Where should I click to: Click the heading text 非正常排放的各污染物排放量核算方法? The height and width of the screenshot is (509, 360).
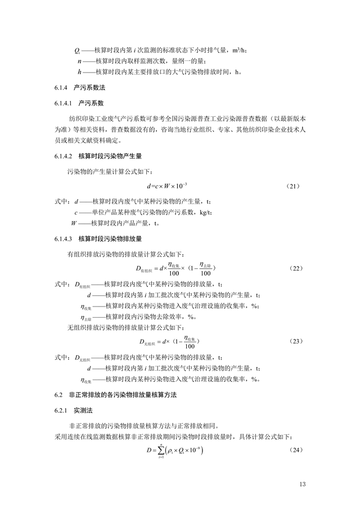123,395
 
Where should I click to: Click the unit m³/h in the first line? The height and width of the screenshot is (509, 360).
238,51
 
